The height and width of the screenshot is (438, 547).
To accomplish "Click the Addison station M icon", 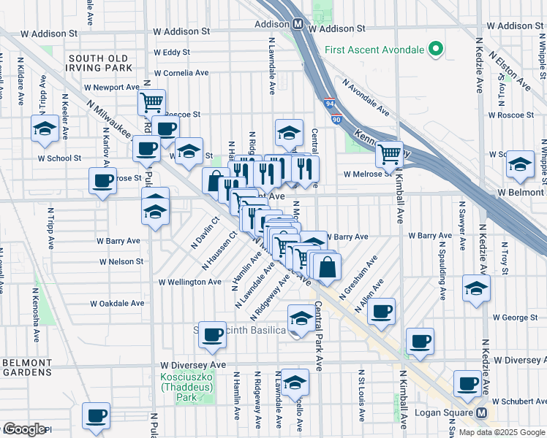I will click(298, 23).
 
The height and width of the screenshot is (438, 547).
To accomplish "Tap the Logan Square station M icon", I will click(482, 412).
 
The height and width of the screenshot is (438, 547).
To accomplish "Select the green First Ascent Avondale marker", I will click(437, 50).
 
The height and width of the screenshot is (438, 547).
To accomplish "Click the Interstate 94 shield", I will click(330, 105).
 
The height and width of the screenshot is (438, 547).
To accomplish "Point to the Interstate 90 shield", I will click(336, 118).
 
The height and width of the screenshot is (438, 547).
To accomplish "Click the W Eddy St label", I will click(172, 53).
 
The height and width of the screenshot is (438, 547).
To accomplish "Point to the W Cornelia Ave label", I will click(181, 73).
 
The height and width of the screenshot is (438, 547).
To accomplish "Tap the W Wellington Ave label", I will click(190, 282).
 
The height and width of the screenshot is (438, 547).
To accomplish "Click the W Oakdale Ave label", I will click(115, 303).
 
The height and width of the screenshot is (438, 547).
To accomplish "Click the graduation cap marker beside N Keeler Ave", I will click(45, 128).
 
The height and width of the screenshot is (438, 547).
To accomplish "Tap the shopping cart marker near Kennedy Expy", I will click(389, 154).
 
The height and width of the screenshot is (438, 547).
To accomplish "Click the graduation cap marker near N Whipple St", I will click(520, 164).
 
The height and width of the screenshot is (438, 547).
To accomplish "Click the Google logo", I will click(23, 429).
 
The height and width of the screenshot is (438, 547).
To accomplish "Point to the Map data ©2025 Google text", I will click(501, 432).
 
